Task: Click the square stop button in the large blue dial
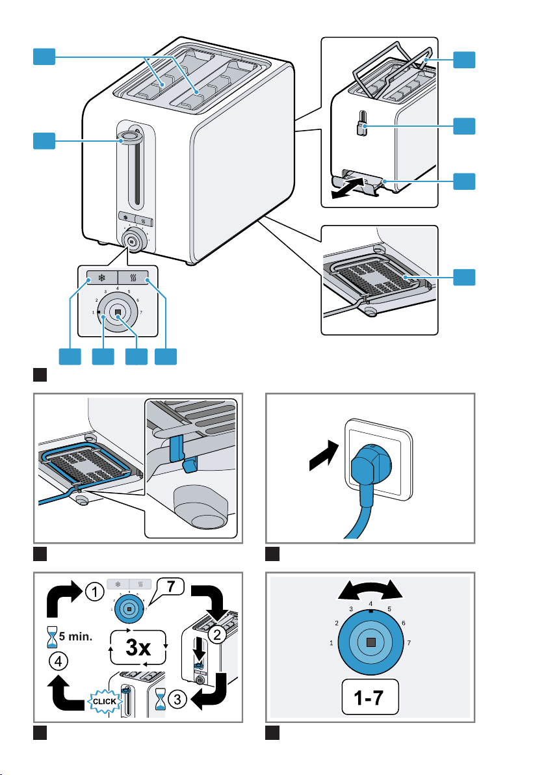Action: [369, 642]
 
